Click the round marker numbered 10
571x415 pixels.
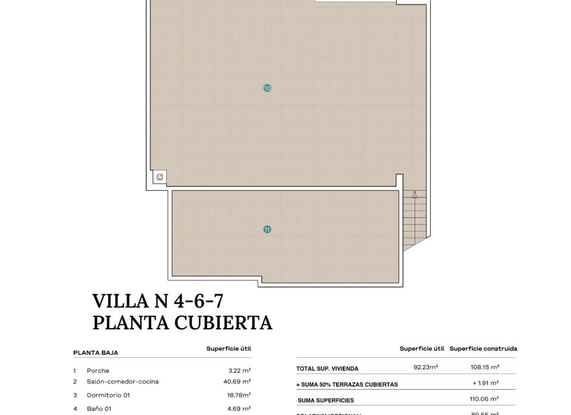267,88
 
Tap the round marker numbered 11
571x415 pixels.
267,229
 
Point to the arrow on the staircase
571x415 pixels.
413,193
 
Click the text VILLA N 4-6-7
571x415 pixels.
162,301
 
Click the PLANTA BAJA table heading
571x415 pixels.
95,353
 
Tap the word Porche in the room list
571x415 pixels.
98,370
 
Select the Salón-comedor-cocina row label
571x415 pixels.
123,382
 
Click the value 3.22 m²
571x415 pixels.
240,370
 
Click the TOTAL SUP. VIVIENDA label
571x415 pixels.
328,368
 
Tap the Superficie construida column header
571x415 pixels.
483,348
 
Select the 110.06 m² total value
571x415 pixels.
484,400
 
